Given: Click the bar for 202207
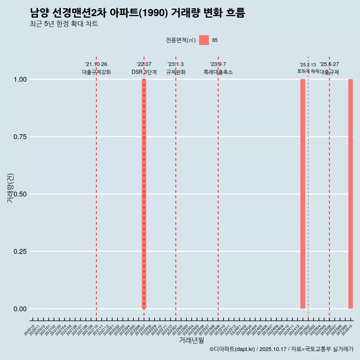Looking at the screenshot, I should click(144, 194).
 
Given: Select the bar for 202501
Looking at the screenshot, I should click(303, 194).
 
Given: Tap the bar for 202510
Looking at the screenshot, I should click(351, 194).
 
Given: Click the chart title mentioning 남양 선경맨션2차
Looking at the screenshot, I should click(137, 13).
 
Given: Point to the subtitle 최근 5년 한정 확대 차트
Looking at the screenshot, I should click(64, 24).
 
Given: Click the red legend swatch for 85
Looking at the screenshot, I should click(204, 40).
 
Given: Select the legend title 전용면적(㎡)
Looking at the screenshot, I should click(181, 40).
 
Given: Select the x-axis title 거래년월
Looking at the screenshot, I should click(191, 340).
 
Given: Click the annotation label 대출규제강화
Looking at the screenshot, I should click(96, 72).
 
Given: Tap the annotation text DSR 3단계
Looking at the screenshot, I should click(144, 72).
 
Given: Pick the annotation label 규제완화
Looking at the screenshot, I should click(176, 72).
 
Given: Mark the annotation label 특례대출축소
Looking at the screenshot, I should click(218, 72).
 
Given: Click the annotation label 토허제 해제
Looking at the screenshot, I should click(308, 71).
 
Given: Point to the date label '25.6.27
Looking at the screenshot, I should click(329, 64).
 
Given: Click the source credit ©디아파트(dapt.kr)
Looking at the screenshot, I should click(232, 349).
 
